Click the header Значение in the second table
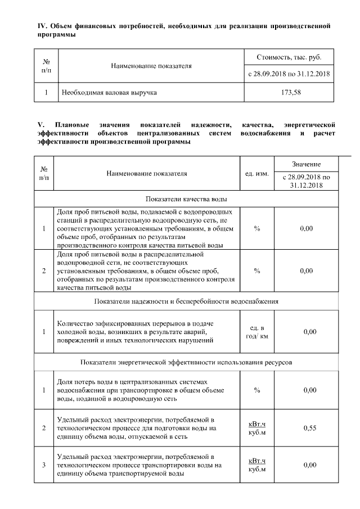pyautogui.click(x=306, y=164)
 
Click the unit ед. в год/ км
pyautogui.click(x=256, y=332)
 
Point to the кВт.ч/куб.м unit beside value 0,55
pyautogui.click(x=256, y=428)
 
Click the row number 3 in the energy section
pyautogui.click(x=44, y=465)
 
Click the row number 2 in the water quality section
pyautogui.click(x=44, y=271)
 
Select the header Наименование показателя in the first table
pyautogui.click(x=151, y=66)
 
